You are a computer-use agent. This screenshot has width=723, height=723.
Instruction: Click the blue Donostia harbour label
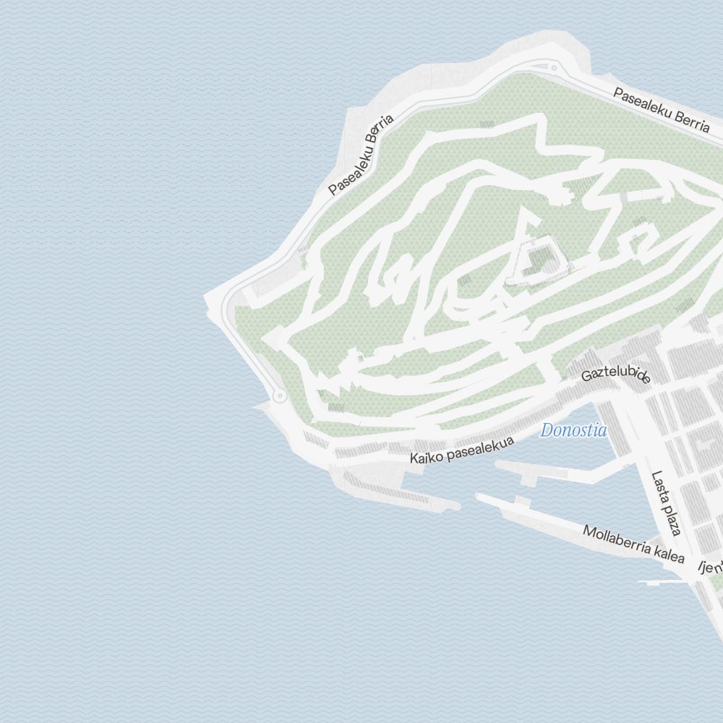[573, 431]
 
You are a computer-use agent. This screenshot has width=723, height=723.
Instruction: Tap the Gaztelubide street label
[617, 374]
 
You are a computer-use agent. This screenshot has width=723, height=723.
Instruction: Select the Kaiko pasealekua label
[462, 450]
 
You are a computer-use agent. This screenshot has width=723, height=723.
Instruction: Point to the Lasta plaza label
[667, 504]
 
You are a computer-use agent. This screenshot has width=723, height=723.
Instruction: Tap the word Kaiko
[425, 457]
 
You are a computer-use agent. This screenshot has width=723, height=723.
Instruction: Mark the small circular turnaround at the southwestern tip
[278, 396]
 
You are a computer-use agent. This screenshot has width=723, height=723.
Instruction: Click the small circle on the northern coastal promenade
[554, 68]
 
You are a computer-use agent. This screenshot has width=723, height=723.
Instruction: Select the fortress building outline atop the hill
[536, 261]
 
